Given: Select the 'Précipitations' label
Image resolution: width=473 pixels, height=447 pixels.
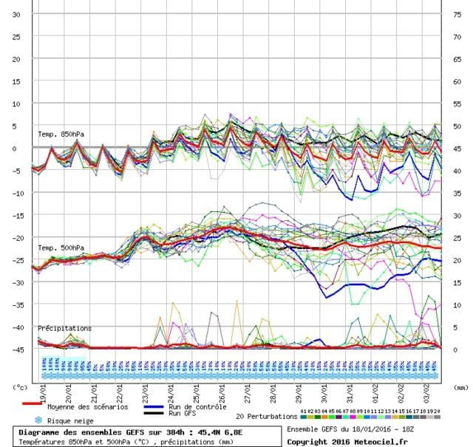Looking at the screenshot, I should [x=64, y=327].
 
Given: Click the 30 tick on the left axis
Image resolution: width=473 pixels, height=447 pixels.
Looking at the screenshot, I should [x=16, y=14].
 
